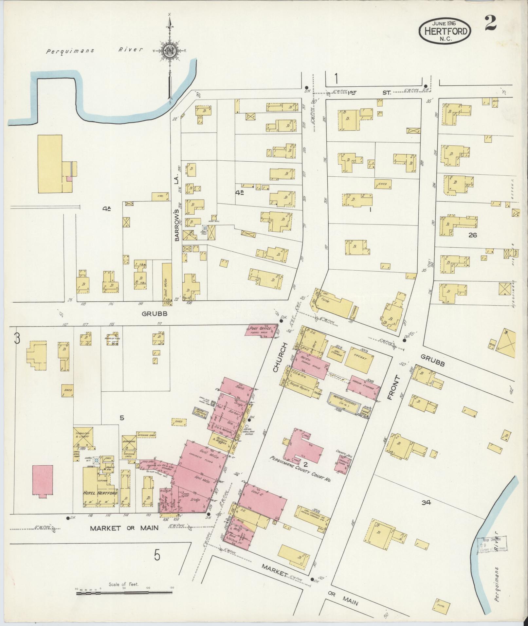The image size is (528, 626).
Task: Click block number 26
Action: (x=473, y=235)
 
